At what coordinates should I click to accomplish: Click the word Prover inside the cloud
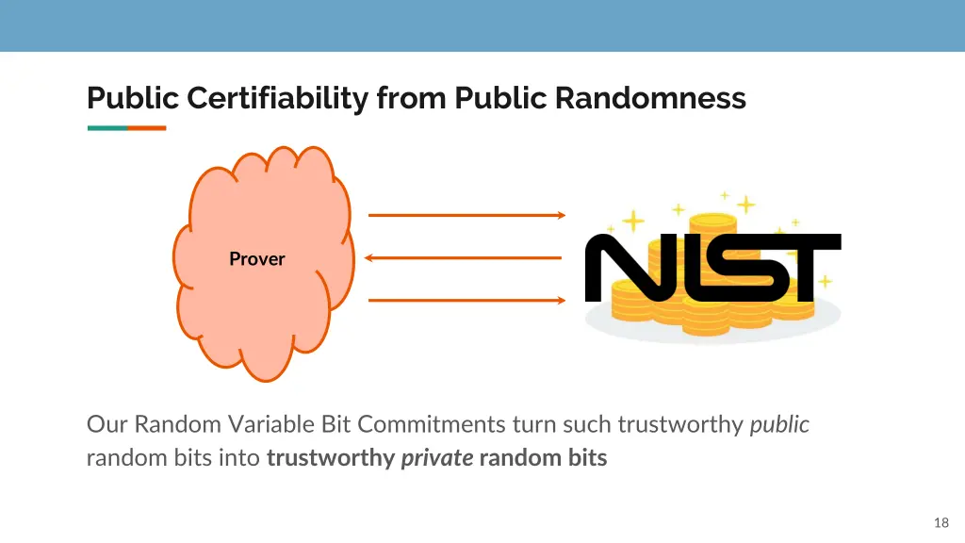tap(256, 258)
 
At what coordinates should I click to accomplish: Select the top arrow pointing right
tap(466, 215)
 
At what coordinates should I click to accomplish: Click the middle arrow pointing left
tap(463, 257)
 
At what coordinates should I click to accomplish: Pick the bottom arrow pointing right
tap(466, 301)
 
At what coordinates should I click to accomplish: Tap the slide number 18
tap(940, 522)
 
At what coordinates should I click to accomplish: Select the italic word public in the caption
tap(779, 424)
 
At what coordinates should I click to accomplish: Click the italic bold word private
tap(436, 459)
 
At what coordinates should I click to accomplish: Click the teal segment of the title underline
tap(106, 128)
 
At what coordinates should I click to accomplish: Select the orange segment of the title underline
tap(146, 128)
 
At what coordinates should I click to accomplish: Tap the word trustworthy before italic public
tap(680, 424)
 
